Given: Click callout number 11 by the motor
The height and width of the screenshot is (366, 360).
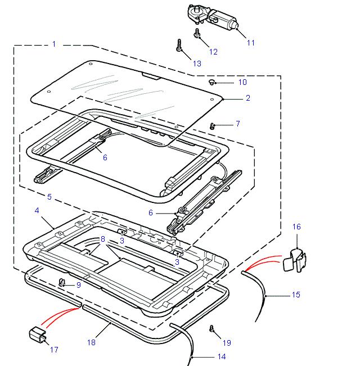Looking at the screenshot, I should click(x=251, y=43).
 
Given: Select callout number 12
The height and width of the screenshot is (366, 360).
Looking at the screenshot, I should click(x=213, y=52).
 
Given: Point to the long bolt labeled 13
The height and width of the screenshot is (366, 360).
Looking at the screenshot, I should click(x=179, y=46).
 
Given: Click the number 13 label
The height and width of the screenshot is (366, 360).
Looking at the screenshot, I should click(x=196, y=64).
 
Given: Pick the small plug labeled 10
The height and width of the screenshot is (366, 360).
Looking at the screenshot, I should click(x=211, y=82).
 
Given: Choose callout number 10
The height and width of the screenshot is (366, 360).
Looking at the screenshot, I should click(x=242, y=82).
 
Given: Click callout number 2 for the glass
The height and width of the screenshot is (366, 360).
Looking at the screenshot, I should click(x=247, y=98).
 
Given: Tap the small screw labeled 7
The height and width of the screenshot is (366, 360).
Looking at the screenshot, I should click(x=213, y=125).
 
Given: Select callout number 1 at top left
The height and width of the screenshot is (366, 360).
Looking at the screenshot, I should click(x=54, y=44).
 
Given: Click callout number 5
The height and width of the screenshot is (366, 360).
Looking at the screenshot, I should click(x=49, y=197).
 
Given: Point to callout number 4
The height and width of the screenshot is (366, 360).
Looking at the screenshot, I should click(x=37, y=210).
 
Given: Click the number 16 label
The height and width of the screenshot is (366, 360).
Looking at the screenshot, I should click(x=296, y=227).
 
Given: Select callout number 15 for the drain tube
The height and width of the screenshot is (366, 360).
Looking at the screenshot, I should click(x=296, y=294).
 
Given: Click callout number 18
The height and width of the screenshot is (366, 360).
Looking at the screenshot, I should click(x=92, y=342).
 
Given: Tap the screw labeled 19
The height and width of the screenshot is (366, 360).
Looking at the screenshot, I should click(x=212, y=328).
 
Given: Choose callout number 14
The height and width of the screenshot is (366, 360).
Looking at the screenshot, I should click(x=221, y=356).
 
